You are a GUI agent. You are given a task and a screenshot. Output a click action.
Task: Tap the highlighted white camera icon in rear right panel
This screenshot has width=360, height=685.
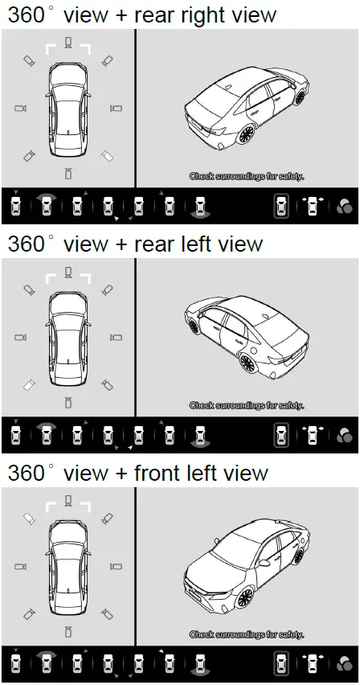pos(107,155)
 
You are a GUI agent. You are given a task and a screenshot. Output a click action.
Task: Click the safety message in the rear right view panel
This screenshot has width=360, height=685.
pos(247,175)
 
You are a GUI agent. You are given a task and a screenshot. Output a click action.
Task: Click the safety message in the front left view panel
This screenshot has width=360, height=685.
pos(247,634)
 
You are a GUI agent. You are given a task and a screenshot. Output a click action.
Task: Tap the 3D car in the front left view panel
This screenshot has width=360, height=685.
pos(245,561)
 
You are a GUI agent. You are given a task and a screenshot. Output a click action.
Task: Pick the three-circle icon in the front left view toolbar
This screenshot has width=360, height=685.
pos(345,666)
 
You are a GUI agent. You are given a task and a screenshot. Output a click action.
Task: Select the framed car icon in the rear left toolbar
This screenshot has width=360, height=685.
pos(280,436)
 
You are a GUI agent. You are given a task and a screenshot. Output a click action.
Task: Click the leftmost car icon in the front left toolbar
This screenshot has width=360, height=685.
pos(16,666)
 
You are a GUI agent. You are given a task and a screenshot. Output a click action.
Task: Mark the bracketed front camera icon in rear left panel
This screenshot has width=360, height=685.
pos(67,273)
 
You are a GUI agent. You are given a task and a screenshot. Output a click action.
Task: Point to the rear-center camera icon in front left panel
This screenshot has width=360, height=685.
pos(67,631)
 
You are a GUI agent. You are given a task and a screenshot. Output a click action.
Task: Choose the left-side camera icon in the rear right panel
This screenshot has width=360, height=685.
pos(21,108)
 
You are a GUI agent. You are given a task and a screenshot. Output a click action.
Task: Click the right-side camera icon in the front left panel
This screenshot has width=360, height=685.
pos(114,567)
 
